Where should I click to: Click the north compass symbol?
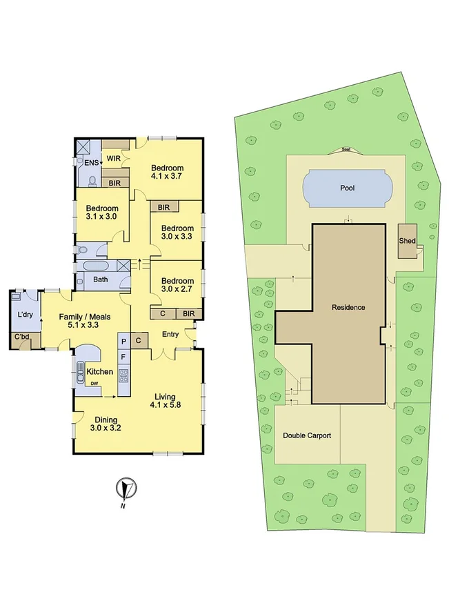[x=124, y=489]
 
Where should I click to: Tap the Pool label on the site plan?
[x=347, y=188]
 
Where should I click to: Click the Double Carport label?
[x=307, y=435]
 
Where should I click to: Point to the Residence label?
[x=348, y=308]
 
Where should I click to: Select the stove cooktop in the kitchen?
[x=124, y=375]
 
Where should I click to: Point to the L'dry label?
[x=25, y=315]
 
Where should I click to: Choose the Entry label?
[x=170, y=335]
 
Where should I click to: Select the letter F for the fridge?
[x=123, y=357]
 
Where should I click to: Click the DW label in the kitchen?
[x=94, y=383]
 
